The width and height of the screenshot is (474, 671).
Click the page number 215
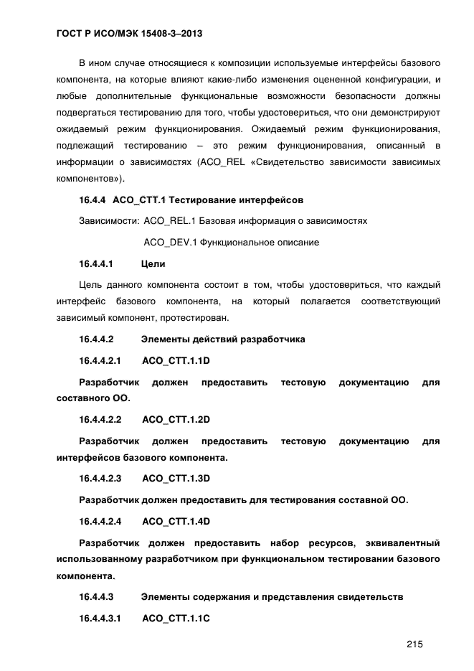pyautogui.click(x=414, y=644)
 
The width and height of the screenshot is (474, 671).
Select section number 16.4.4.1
pyautogui.click(x=97, y=263)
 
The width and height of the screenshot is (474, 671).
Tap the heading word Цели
pyautogui.click(x=153, y=263)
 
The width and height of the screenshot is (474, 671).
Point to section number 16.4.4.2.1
pyautogui.click(x=100, y=360)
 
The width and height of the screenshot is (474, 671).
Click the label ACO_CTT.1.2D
pyautogui.click(x=176, y=419)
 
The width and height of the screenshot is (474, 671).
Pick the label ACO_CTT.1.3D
pyautogui.click(x=176, y=478)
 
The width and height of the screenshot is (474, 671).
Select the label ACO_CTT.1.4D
pyautogui.click(x=176, y=520)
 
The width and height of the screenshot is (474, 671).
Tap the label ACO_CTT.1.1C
pyautogui.click(x=176, y=617)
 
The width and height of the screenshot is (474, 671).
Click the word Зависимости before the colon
pyautogui.click(x=108, y=221)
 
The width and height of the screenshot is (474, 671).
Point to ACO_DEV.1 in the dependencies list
pyautogui.click(x=169, y=243)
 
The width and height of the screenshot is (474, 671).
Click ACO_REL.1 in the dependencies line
pyautogui.click(x=169, y=221)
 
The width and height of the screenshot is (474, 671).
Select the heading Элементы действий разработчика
pyautogui.click(x=223, y=339)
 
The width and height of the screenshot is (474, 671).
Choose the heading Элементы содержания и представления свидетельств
pyautogui.click(x=272, y=596)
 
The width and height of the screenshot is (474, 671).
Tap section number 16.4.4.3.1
pyautogui.click(x=100, y=617)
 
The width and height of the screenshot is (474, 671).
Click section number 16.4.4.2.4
pyautogui.click(x=100, y=520)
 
